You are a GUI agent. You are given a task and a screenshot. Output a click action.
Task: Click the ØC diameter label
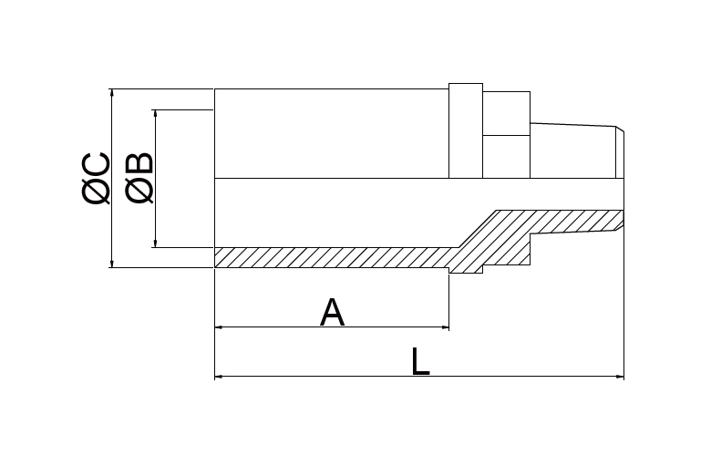(x=96, y=179)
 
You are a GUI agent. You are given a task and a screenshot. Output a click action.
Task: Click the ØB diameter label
(x=139, y=178)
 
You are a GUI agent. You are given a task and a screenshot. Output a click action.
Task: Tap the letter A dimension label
(x=333, y=313)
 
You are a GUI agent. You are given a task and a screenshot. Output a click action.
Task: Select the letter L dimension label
(x=420, y=362)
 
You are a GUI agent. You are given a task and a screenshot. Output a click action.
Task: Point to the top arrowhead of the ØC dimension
(x=112, y=93)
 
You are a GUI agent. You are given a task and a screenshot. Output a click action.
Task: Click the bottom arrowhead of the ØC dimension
(x=112, y=264)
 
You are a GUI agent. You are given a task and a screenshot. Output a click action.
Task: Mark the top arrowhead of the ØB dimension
(x=156, y=114)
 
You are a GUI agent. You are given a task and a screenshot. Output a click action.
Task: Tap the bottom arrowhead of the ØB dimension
(x=156, y=244)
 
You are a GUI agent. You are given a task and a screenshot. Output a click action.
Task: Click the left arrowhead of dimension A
(x=219, y=326)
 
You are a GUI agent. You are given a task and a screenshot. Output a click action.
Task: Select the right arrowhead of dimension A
(x=445, y=326)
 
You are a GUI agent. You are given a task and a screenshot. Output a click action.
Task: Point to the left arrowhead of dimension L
(x=219, y=376)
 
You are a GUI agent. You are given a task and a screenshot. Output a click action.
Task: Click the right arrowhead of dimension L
(x=620, y=376)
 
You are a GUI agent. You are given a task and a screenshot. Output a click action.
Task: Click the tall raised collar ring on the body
(x=466, y=130)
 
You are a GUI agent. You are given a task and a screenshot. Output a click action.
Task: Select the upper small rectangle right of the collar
(x=507, y=113)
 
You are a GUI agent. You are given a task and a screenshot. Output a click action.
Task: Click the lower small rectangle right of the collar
(x=507, y=157)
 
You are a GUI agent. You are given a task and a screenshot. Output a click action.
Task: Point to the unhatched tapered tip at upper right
(x=577, y=151)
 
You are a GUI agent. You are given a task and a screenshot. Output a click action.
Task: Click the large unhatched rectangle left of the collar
(x=332, y=133)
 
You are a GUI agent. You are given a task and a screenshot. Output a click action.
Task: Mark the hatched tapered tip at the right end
(x=577, y=223)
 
